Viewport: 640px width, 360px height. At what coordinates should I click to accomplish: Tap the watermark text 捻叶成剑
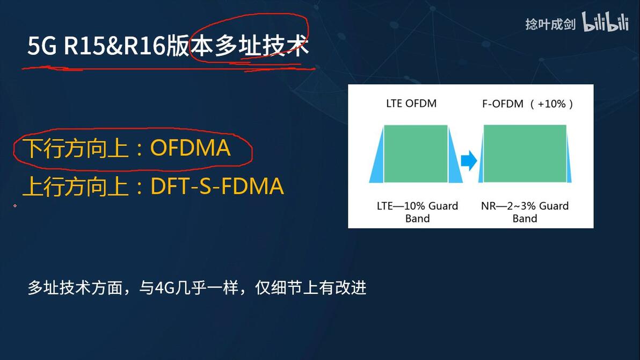tap(550, 24)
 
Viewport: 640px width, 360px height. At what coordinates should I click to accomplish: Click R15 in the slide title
tap(84, 46)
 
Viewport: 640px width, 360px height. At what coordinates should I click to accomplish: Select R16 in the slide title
tap(144, 46)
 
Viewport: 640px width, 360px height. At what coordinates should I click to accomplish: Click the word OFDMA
tap(190, 148)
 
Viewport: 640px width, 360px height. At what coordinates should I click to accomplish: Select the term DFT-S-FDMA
tap(217, 186)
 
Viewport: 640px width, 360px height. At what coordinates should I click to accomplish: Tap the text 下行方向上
tap(76, 148)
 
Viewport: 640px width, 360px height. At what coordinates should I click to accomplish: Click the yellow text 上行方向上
tap(76, 186)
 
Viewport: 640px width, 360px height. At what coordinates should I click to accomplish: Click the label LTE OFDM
tap(411, 103)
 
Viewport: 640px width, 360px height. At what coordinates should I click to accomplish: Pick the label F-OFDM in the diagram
tap(503, 104)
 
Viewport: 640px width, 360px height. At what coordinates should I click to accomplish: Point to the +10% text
tap(552, 104)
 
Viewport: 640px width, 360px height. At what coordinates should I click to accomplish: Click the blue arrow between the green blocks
tap(469, 161)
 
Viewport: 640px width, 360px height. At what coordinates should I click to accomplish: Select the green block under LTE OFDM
tap(416, 154)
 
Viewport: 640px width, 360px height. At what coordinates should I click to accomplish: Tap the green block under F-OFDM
tap(525, 154)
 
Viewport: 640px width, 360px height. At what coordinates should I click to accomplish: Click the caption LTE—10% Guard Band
tap(417, 212)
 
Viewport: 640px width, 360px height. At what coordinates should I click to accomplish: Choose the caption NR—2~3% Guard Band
tap(525, 212)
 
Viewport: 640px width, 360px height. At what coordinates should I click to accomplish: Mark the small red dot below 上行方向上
tap(15, 206)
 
